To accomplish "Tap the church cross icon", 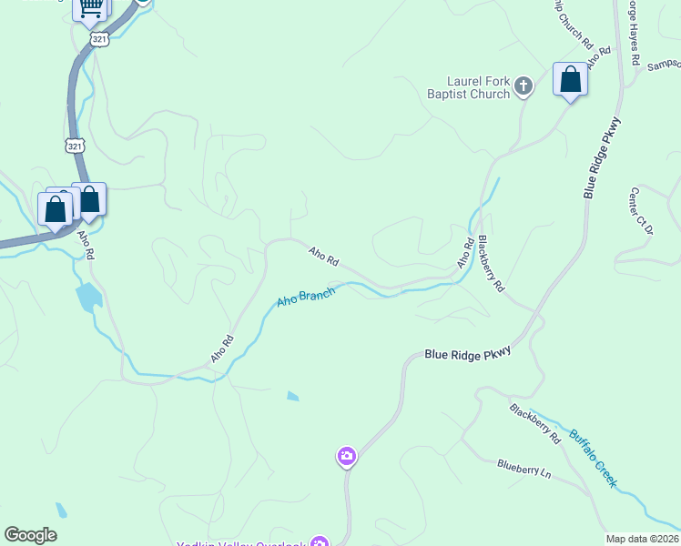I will pos(523,87).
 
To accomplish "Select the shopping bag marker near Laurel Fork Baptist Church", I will pos(570,80).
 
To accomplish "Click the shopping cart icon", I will pos(90,8).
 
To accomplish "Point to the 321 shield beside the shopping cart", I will pos(98,38).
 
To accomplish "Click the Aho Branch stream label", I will pos(306,298).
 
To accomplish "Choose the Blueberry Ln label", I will pos(524,469).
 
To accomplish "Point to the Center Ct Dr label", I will pos(641,212).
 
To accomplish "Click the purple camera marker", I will pos(346,456).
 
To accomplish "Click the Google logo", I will pos(30,535).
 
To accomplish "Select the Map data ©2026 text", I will pos(643,539).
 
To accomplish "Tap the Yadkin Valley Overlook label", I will pos(255,542).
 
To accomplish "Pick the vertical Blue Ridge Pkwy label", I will pos(603,158).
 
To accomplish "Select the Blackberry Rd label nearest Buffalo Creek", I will pos(535,423).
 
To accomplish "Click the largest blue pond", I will pos(88,297).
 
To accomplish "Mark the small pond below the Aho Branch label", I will pos(292,396).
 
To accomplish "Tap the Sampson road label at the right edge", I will pos(663,66).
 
